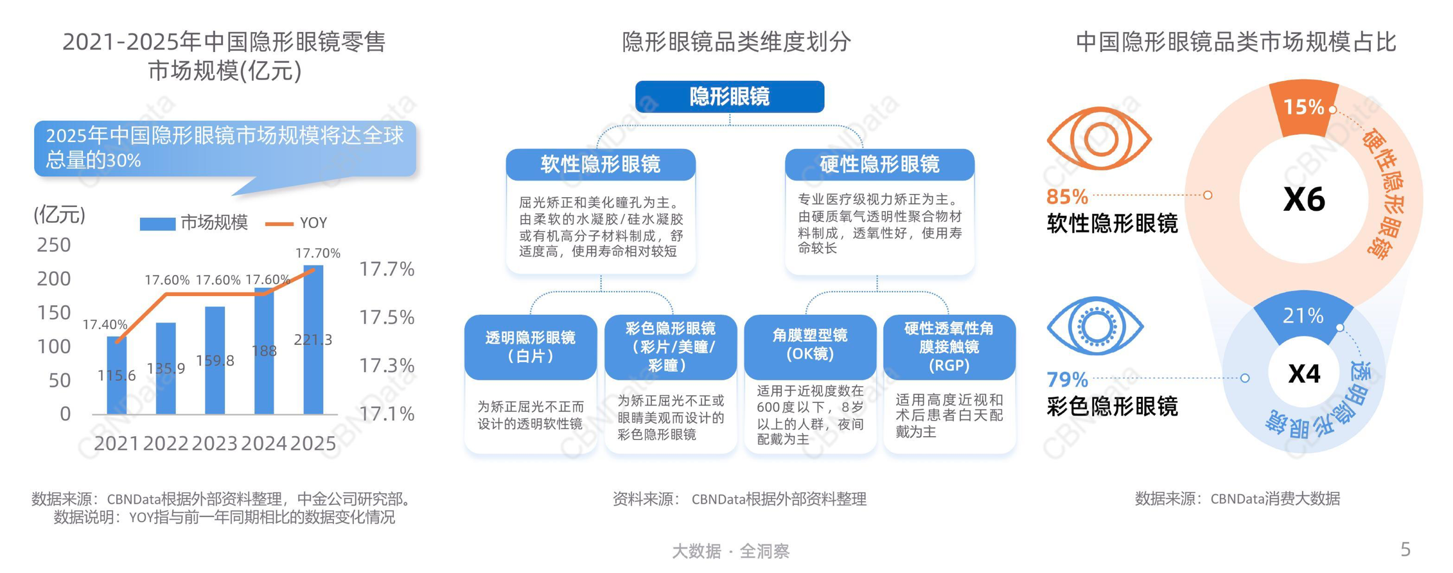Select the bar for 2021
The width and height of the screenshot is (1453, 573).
point(116,375)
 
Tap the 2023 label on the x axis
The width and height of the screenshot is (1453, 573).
point(215,443)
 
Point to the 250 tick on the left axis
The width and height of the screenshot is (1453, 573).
point(54,245)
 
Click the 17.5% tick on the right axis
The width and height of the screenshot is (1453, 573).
point(387,317)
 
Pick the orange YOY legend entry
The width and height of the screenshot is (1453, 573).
point(297,223)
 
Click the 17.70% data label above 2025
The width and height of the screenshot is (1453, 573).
point(317,253)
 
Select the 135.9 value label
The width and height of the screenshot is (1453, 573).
point(166,368)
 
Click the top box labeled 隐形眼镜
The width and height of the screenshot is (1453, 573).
point(729,97)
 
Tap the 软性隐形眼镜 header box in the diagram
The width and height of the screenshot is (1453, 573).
point(600,164)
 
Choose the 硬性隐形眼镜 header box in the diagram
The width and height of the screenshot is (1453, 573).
point(879,164)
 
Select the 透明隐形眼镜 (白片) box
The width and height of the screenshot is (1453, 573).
point(531,346)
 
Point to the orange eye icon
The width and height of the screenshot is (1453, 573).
point(1098,139)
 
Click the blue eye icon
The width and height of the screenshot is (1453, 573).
point(1095,326)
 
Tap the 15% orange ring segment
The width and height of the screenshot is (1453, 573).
point(1304,107)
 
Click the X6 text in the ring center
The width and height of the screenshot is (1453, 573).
point(1304,199)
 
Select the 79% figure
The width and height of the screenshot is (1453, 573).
point(1067,380)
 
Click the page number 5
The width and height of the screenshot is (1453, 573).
point(1405,549)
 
